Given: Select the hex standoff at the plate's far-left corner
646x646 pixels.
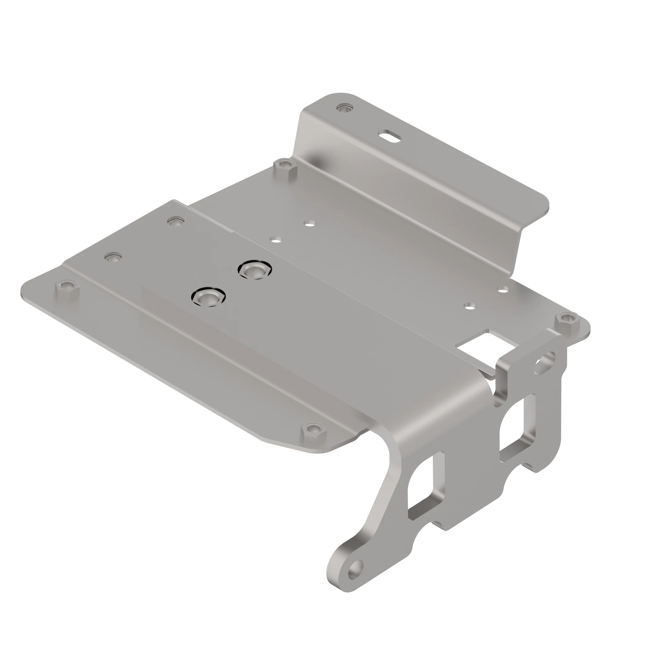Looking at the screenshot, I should (x=67, y=286).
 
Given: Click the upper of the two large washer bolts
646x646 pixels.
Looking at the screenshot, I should (x=255, y=270).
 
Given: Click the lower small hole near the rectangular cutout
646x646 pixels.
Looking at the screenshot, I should (x=469, y=305).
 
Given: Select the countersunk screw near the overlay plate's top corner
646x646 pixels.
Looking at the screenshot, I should (x=175, y=221).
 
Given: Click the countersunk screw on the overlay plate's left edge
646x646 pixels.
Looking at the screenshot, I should (x=113, y=257).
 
